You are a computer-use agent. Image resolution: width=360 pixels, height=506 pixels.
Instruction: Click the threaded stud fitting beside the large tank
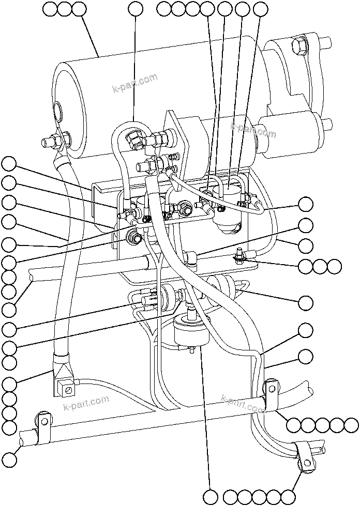(51, 140)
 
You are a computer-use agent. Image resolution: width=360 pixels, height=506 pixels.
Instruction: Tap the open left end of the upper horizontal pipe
(32, 278)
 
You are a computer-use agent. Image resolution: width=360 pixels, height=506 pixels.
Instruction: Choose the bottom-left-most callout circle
(9, 458)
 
